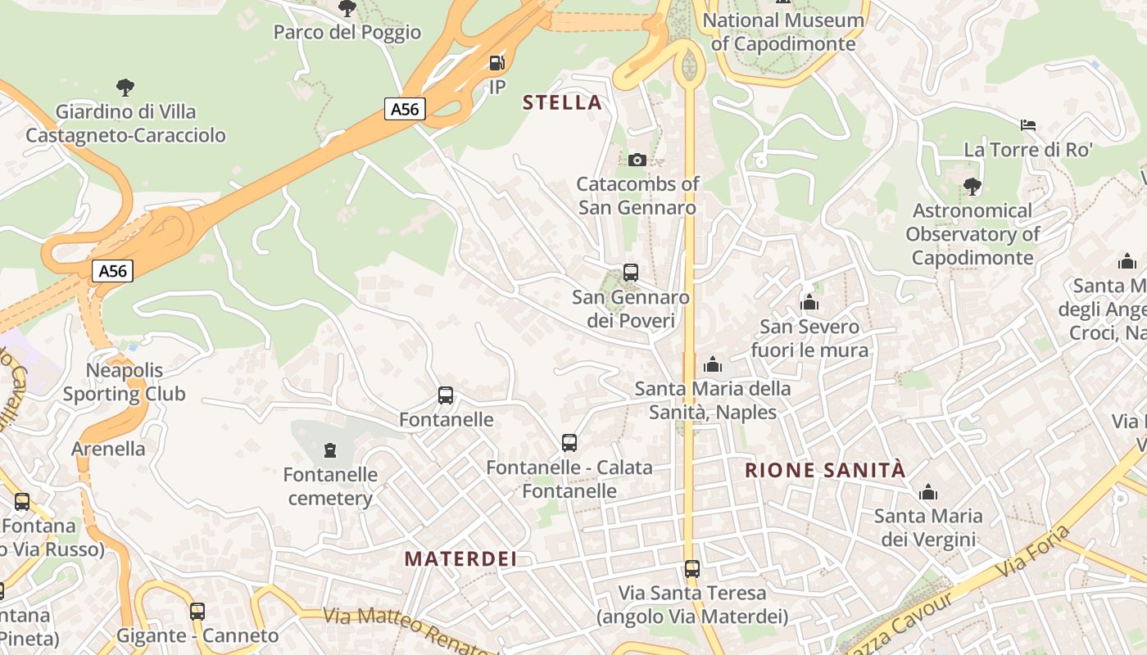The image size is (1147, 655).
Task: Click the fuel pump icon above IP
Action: (x=496, y=63)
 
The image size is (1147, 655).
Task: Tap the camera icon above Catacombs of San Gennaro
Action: (x=637, y=160)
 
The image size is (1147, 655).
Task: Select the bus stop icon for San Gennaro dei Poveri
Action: (x=630, y=273)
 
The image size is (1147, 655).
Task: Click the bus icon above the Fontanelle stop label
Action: (x=446, y=395)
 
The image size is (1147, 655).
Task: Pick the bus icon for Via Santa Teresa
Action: (x=692, y=568)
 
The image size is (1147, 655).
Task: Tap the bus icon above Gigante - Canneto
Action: (x=197, y=611)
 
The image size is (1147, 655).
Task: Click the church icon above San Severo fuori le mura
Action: (x=809, y=303)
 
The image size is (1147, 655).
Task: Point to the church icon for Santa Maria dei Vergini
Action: (x=928, y=492)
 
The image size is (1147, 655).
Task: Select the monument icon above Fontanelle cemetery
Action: (x=329, y=449)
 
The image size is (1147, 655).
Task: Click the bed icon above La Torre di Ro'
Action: (x=1028, y=125)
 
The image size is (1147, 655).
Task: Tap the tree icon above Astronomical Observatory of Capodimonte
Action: (x=972, y=187)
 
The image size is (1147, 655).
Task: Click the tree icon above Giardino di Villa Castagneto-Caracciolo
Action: (x=125, y=87)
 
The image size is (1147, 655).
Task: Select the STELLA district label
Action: (x=562, y=102)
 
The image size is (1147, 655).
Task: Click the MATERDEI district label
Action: (x=461, y=559)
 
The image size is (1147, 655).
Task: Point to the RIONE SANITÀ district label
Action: (x=826, y=470)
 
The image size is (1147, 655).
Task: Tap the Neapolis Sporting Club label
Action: (x=125, y=382)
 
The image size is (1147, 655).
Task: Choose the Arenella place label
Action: (x=108, y=449)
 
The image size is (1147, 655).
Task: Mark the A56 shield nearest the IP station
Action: (x=405, y=108)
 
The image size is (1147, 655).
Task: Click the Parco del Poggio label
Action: (x=347, y=32)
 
